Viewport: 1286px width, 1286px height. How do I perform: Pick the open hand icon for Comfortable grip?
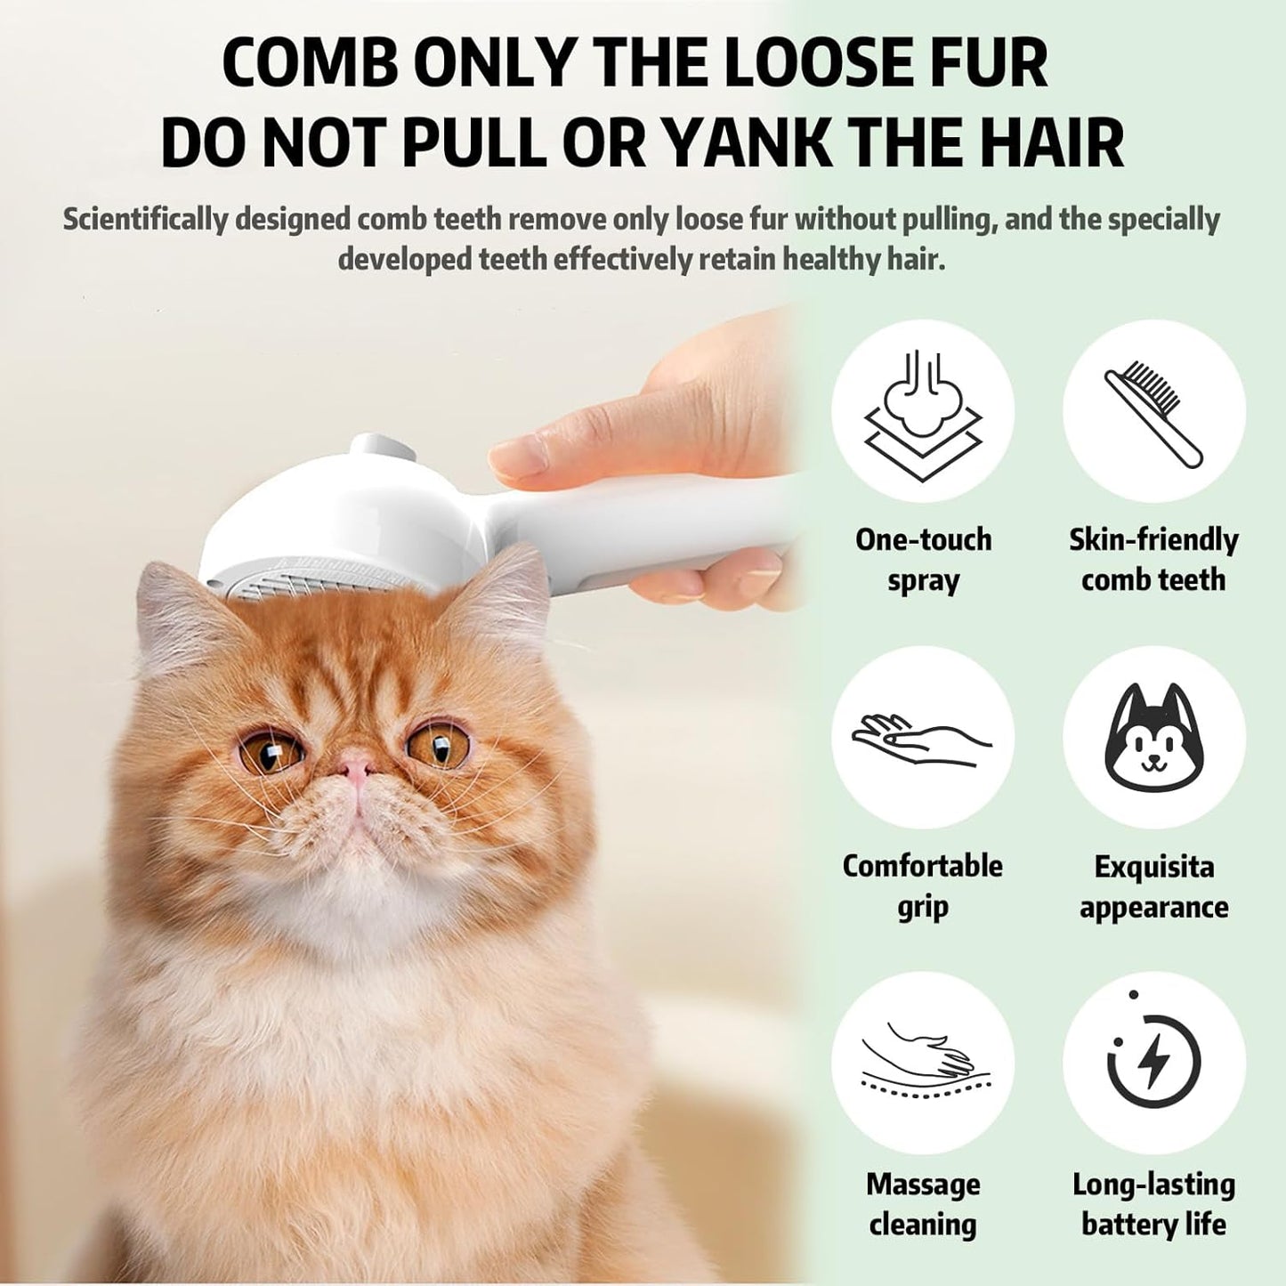click(923, 737)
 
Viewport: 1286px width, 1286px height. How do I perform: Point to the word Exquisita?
click(1154, 866)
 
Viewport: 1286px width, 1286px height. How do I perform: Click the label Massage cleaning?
click(923, 1204)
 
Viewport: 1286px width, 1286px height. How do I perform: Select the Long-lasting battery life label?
click(1154, 1204)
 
